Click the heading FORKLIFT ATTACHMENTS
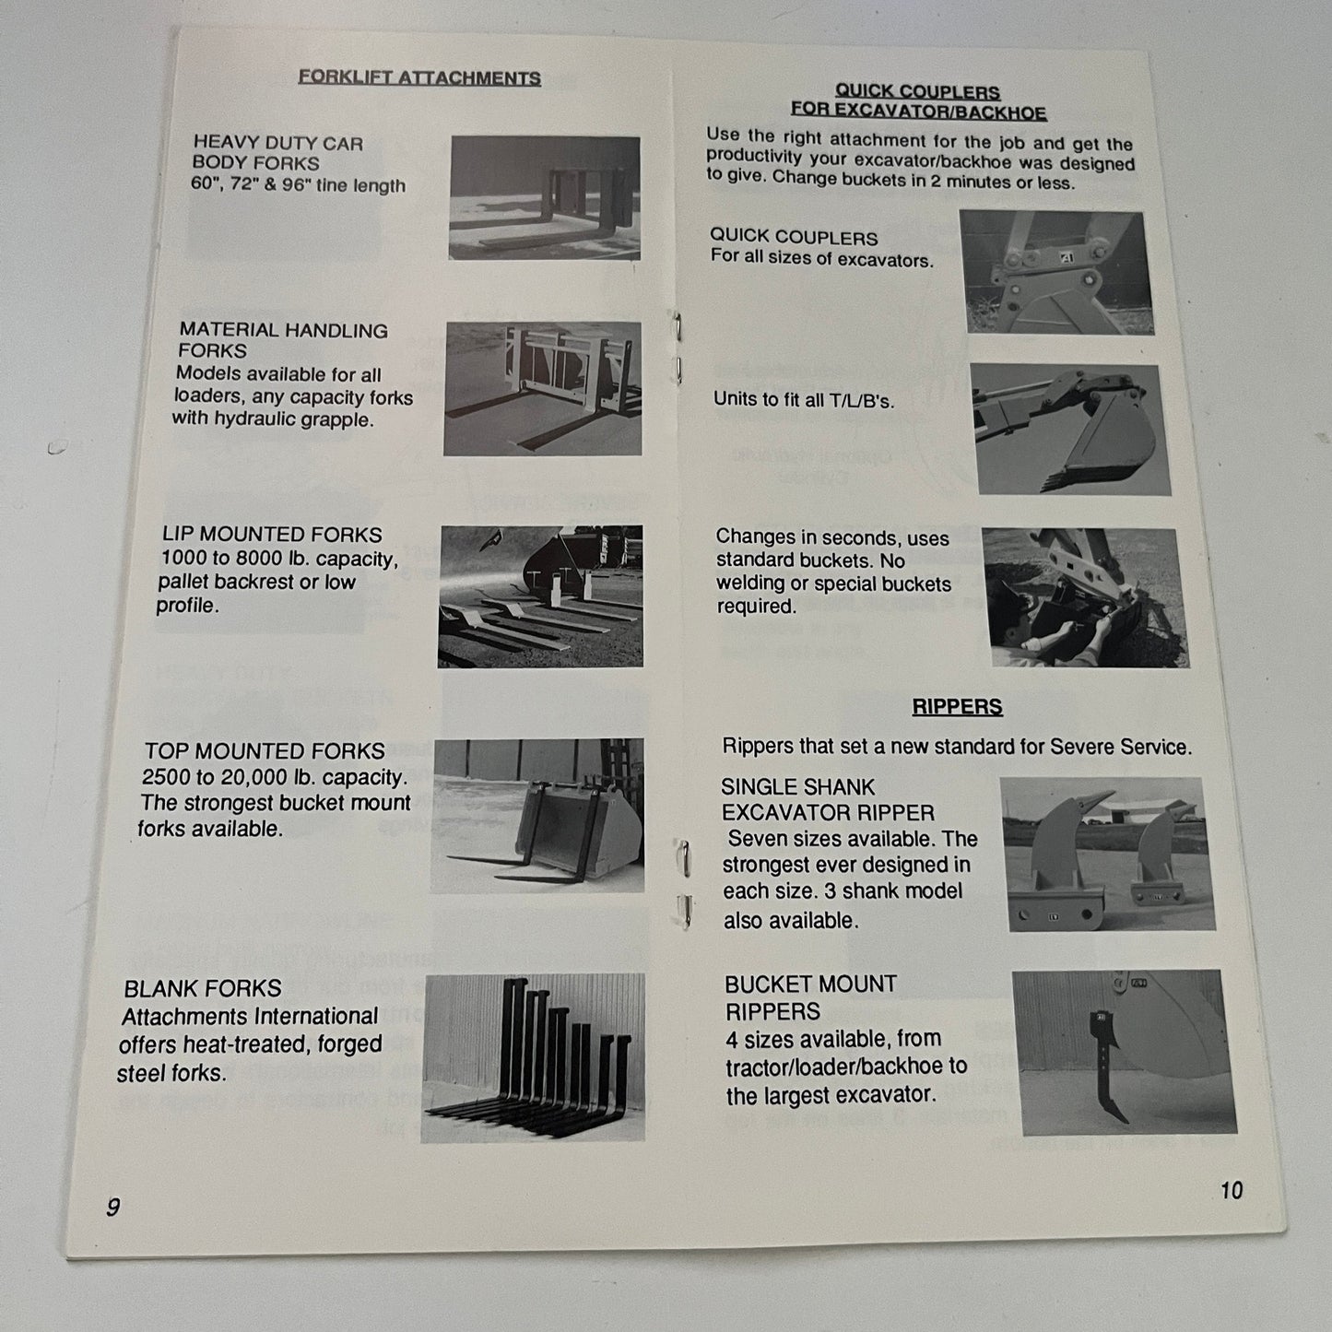418,77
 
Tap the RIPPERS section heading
957,706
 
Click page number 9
112,1207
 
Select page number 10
1232,1190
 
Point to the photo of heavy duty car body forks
545,197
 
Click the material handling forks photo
543,388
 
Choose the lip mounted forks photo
540,596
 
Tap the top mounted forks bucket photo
537,816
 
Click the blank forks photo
533,1057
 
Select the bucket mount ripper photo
1125,1052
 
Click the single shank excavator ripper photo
1107,855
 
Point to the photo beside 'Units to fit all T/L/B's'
1071,430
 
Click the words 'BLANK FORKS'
203,988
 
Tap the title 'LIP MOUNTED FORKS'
272,535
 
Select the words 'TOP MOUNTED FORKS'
265,751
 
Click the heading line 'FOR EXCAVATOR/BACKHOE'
919,111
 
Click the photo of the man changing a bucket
1086,598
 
